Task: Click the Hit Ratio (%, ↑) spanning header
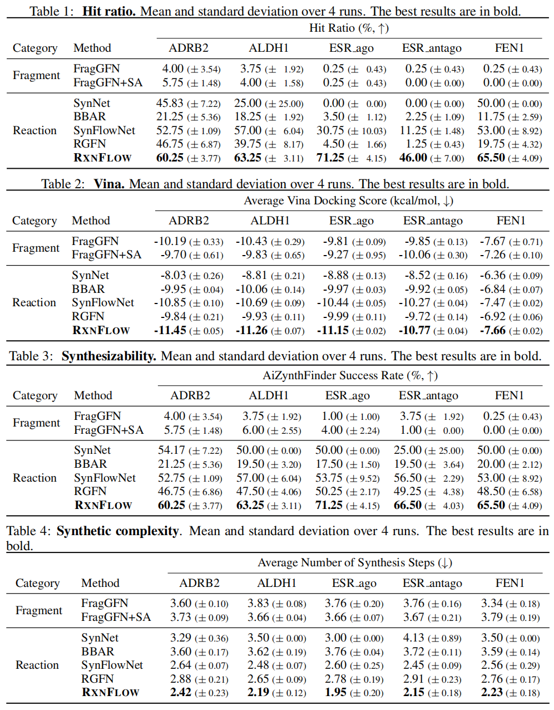(x=349, y=28)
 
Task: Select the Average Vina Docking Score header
(x=348, y=201)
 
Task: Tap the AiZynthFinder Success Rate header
(x=350, y=376)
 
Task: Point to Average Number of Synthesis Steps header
(x=355, y=563)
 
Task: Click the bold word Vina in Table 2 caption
(x=109, y=184)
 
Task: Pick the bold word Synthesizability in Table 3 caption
(x=109, y=356)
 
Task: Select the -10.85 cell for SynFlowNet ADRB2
(x=170, y=303)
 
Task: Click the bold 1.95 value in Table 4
(x=335, y=693)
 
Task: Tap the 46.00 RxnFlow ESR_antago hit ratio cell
(x=413, y=158)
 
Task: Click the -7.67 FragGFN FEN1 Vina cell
(x=493, y=242)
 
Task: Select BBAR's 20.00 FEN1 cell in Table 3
(x=491, y=464)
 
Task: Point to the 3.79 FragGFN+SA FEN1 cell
(x=492, y=618)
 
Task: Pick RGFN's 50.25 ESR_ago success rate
(x=329, y=492)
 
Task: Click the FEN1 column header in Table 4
(x=510, y=583)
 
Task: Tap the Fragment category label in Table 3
(x=36, y=423)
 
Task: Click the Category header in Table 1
(x=35, y=48)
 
